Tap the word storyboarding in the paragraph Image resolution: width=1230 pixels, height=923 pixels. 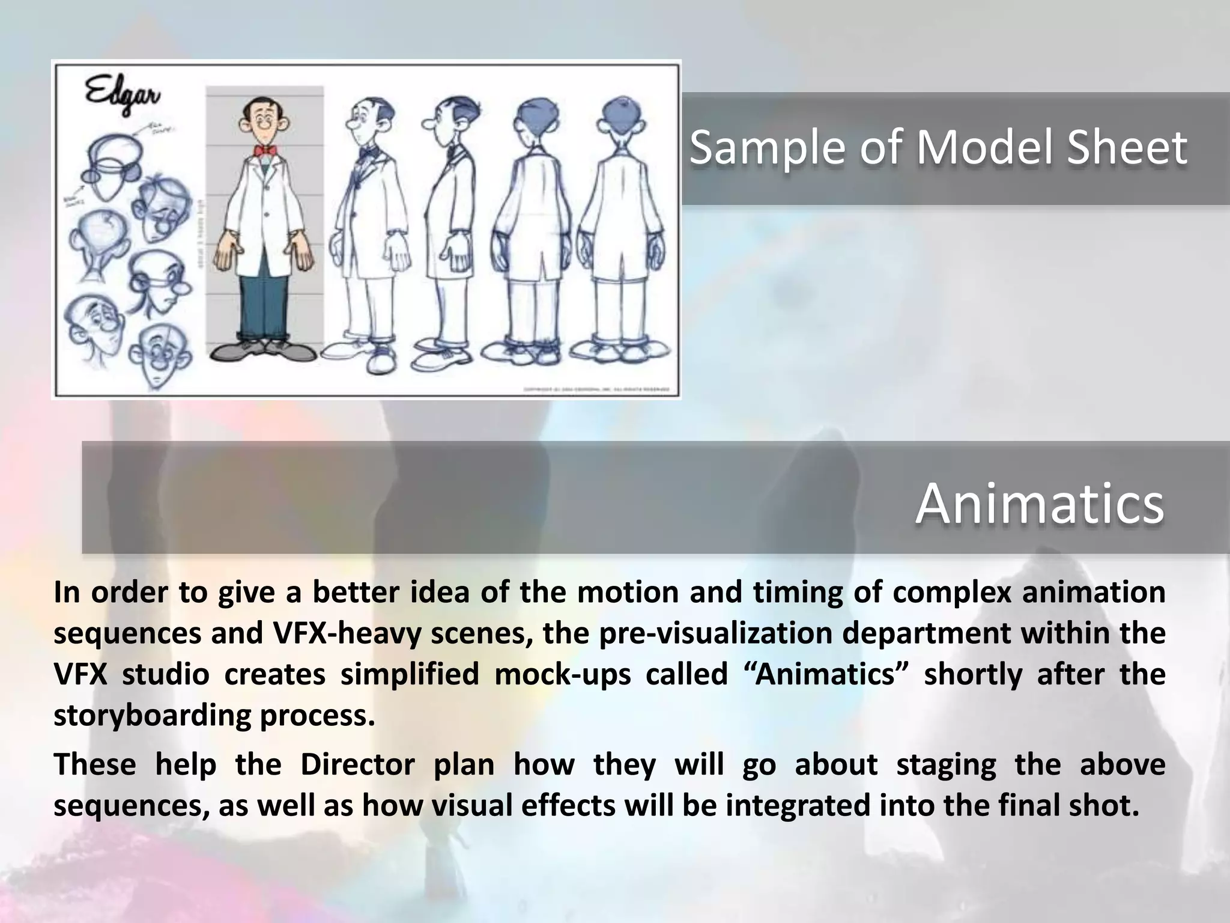[x=151, y=715]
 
